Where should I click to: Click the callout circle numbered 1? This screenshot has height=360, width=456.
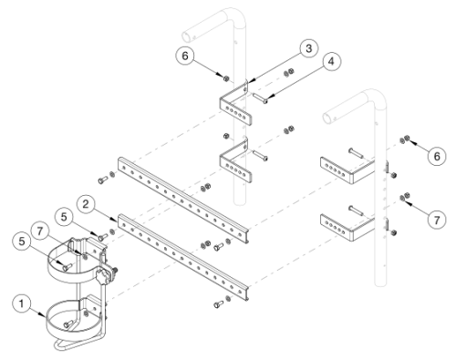pos(21,303)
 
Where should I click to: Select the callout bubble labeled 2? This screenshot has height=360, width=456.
pos(86,204)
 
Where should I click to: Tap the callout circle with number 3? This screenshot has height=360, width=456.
pos(308,48)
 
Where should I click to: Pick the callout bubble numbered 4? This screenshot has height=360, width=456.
pos(331,61)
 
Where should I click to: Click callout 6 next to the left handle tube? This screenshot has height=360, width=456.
pos(185,56)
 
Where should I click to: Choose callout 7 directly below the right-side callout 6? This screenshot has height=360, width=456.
pos(437,220)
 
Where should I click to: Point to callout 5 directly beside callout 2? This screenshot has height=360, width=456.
pos(64,217)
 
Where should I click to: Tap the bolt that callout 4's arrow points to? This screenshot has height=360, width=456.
pos(261,98)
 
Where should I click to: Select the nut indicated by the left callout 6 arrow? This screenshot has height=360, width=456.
pos(226,78)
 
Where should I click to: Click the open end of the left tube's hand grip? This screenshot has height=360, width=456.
pos(186,36)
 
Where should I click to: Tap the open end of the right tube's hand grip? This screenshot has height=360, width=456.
pos(327,118)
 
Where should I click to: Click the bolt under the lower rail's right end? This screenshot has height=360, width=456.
pos(218,303)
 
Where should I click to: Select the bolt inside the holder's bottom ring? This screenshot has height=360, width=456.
pos(68,324)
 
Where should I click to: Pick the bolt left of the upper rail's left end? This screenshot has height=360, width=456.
pos(103,180)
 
